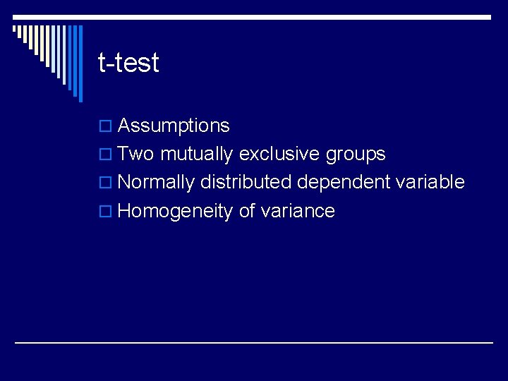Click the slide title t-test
[x=128, y=64]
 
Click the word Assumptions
[x=174, y=126]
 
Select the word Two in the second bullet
[x=136, y=155]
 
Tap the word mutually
[x=197, y=155]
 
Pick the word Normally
[x=155, y=183]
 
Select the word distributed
[x=246, y=182]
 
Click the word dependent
[x=342, y=183]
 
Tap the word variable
[x=430, y=182]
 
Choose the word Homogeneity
[x=175, y=212]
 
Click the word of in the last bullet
[x=247, y=211]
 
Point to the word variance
[x=298, y=212]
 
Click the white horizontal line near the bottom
[x=254, y=343]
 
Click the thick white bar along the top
[x=254, y=17]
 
